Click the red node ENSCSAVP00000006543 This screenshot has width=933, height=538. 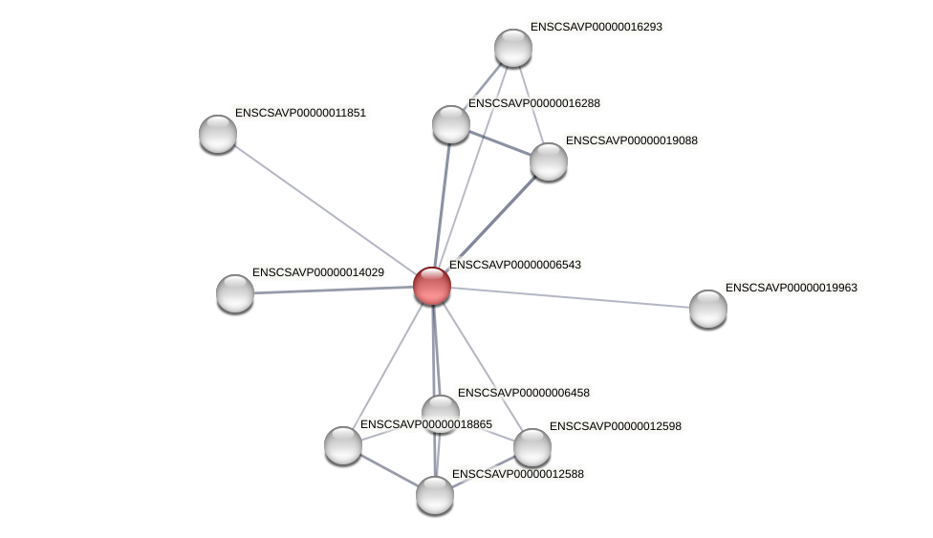(x=432, y=286)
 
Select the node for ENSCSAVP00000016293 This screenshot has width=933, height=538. (x=513, y=48)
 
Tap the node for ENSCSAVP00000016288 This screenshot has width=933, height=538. (x=451, y=124)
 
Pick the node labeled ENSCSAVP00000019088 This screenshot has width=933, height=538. (x=549, y=161)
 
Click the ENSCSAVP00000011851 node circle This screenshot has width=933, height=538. (x=218, y=134)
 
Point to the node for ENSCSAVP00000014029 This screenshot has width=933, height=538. (x=235, y=293)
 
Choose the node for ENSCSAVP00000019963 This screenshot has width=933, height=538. (x=708, y=309)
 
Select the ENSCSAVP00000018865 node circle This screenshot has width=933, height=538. (x=343, y=445)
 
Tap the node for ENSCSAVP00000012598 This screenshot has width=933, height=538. (x=532, y=447)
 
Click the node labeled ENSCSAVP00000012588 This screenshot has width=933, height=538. (x=435, y=495)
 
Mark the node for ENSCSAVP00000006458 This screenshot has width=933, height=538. (x=441, y=412)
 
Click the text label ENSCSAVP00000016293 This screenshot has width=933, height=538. (x=596, y=27)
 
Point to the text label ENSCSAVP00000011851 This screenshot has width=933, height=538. (x=300, y=113)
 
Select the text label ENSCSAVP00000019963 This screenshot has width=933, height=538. (x=791, y=288)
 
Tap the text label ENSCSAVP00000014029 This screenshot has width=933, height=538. (x=317, y=272)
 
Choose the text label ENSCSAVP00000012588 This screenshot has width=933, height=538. (x=517, y=474)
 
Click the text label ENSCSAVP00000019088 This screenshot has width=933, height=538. (x=631, y=140)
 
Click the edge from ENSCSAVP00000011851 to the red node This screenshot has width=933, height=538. (x=325, y=209)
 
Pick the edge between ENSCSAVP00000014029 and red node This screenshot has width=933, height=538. (x=334, y=290)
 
